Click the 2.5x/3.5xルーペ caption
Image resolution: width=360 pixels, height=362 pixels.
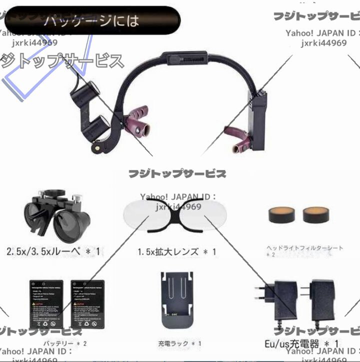[53, 250]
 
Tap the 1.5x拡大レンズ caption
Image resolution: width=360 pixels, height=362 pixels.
[177, 251]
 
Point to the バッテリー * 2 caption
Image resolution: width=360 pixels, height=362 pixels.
[64, 343]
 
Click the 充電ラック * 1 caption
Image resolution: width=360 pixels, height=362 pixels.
[179, 343]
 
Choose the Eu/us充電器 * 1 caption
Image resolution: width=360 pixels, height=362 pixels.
[301, 344]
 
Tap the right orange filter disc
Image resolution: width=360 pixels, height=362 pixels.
[315, 214]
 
